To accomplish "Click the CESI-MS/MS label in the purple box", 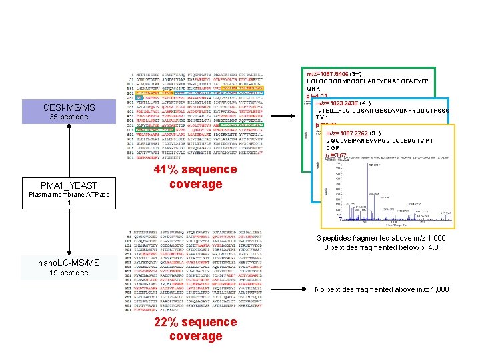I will (69, 107).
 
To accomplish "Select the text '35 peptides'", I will (69, 117).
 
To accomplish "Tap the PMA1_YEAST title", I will (69, 185).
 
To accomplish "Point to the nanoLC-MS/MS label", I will (69, 263).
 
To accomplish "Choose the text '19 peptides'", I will (69, 273).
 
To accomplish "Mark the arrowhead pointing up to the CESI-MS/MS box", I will (69, 128).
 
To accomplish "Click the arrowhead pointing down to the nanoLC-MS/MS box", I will (69, 252).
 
